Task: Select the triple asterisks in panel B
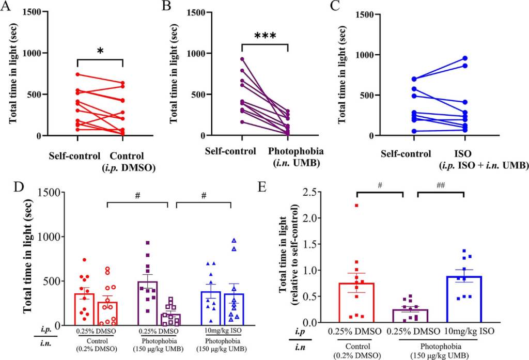(264, 36)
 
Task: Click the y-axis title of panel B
(174, 72)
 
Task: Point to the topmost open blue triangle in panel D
(234, 240)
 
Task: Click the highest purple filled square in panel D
(148, 242)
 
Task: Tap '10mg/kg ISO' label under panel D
(217, 330)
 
